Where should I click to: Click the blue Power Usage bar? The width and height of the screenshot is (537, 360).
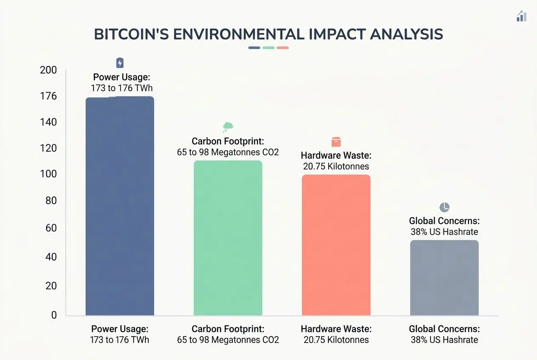click(120, 206)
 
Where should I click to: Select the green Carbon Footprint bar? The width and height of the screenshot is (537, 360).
click(228, 238)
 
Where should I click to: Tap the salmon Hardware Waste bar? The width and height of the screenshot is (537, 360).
click(336, 245)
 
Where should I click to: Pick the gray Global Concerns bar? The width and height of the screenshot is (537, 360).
click(444, 278)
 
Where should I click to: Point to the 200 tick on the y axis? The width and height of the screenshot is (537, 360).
click(48, 70)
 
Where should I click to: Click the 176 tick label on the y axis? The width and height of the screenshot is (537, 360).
click(48, 96)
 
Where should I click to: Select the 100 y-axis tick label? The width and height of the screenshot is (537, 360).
click(48, 174)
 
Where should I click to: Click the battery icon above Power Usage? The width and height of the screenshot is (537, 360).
click(120, 63)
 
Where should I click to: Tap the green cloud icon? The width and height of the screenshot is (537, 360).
click(228, 126)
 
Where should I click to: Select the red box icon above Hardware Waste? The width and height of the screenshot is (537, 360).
click(336, 142)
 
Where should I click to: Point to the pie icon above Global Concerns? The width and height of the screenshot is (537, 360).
click(444, 207)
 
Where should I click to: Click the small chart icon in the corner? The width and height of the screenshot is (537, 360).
click(521, 17)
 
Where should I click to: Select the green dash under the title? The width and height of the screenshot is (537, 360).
click(268, 48)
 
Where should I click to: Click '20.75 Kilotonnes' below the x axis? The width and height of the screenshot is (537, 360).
click(336, 340)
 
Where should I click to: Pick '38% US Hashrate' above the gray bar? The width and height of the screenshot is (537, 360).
click(444, 232)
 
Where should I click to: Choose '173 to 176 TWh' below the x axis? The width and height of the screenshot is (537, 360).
click(120, 340)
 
